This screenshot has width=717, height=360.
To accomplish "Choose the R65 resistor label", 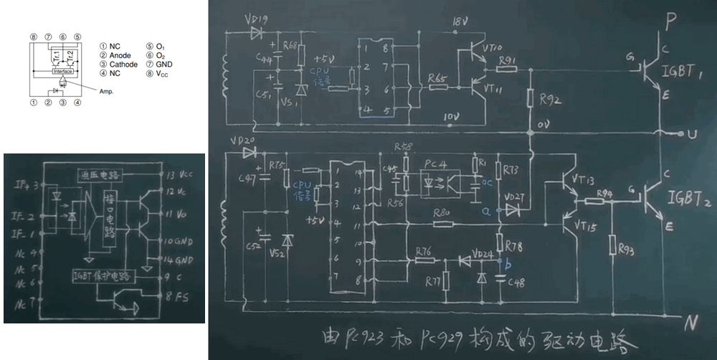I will [x=437, y=77].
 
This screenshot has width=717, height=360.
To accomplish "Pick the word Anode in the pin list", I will [x=123, y=55].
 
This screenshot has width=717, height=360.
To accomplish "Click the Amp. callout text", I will [x=105, y=92].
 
